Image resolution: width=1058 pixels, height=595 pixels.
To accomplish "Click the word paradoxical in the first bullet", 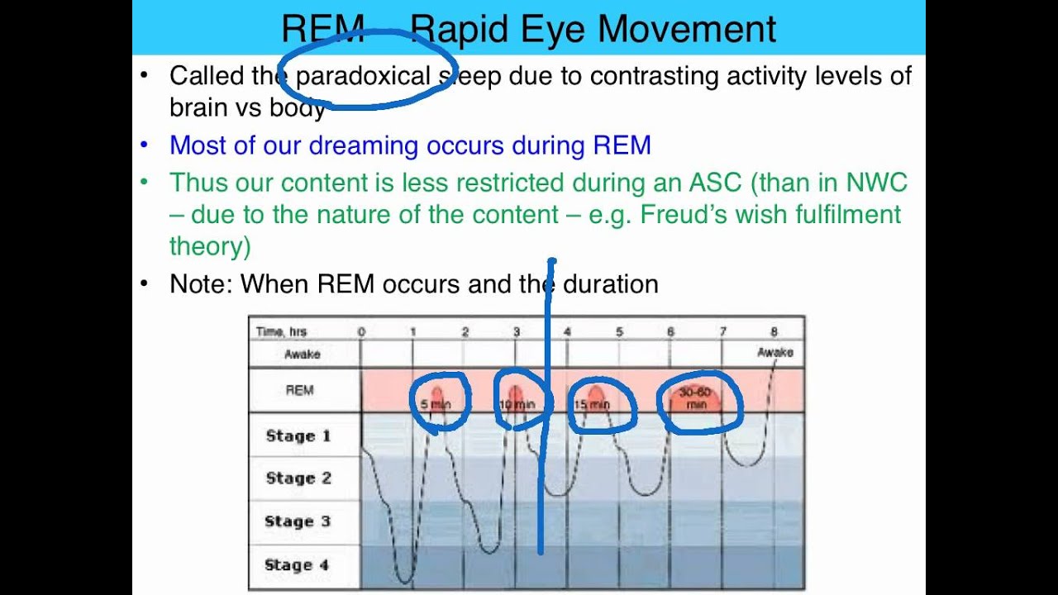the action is (363, 76).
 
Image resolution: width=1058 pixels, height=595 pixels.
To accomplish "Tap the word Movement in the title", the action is (687, 29).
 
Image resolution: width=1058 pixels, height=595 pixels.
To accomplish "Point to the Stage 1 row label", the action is (298, 436).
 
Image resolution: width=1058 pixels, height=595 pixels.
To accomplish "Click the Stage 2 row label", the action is (298, 478).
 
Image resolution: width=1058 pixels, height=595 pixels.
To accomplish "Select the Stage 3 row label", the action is (298, 521).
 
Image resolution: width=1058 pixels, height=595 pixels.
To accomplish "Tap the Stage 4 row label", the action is (297, 565).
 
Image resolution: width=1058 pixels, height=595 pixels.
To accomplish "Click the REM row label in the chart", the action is (299, 390).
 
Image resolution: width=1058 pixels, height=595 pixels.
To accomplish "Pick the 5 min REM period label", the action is (436, 404).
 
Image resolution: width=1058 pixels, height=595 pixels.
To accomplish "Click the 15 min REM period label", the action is (592, 404).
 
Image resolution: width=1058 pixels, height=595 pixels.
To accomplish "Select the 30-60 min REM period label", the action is (696, 398).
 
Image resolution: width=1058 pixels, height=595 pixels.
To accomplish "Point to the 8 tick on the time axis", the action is (774, 332).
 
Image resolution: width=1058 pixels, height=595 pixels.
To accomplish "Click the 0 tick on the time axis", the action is (361, 332).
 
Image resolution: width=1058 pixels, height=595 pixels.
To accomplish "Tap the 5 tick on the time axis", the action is (619, 332).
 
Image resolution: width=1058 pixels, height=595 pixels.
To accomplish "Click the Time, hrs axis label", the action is (281, 332).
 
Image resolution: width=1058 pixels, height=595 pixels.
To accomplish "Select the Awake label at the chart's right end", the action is (774, 353).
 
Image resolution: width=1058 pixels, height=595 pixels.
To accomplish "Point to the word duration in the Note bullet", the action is (610, 284).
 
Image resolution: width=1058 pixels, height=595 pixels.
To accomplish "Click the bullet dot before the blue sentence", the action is (145, 145).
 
